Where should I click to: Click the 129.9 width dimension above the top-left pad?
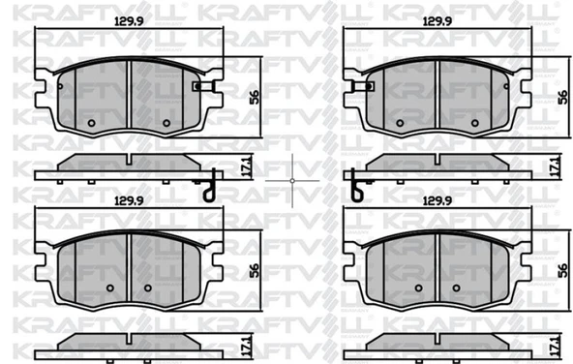click(129, 21)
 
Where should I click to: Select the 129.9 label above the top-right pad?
click(437, 21)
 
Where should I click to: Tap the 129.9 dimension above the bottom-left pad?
click(129, 200)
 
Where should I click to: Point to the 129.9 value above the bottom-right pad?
click(437, 200)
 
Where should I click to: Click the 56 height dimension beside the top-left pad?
click(255, 97)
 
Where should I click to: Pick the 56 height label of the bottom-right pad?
click(562, 270)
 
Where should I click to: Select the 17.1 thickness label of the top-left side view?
click(248, 167)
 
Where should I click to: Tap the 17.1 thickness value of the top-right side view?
click(556, 167)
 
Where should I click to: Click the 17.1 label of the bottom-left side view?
click(248, 347)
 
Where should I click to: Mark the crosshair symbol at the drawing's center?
click(292, 180)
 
